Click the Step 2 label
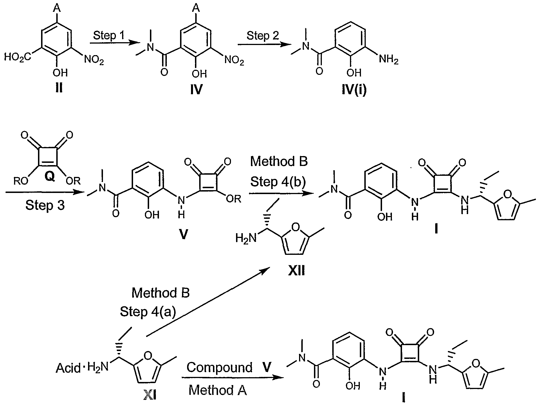point(263,36)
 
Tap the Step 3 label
point(45,205)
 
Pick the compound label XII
point(297,271)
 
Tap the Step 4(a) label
point(148,312)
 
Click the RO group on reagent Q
point(21,181)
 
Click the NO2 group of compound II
point(94,60)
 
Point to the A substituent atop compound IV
point(197,8)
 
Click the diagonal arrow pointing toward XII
point(207,302)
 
